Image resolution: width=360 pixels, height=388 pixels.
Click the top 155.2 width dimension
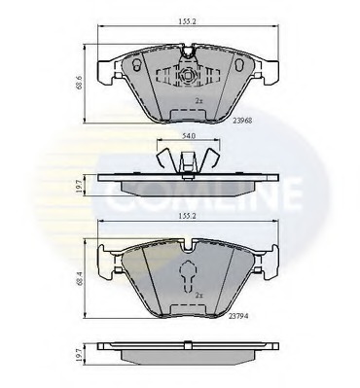[188, 21]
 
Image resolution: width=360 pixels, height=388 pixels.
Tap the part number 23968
[242, 121]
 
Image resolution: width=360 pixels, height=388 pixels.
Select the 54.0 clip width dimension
[189, 136]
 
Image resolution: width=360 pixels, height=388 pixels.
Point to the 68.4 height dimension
[79, 278]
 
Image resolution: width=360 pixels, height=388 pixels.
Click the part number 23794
[238, 316]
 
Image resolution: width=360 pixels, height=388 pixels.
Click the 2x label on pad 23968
[198, 101]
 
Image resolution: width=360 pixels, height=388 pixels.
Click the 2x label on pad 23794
[198, 296]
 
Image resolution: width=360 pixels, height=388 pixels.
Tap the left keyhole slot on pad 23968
[136, 65]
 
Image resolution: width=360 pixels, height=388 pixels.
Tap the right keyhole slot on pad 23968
[240, 65]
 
